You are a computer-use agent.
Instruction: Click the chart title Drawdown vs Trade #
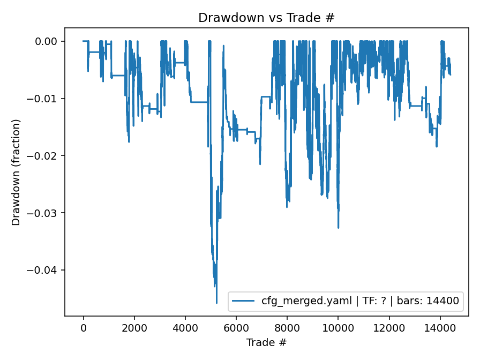pyautogui.click(x=266, y=18)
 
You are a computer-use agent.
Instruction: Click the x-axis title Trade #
pyautogui.click(x=266, y=342)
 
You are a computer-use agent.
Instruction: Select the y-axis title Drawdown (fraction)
pyautogui.click(x=16, y=172)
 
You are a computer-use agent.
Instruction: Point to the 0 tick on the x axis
pyautogui.click(x=83, y=327)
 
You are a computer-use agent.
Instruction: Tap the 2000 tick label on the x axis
pyautogui.click(x=134, y=327)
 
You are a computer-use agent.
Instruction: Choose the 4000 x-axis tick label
pyautogui.click(x=185, y=327)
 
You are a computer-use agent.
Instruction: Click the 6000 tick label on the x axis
pyautogui.click(x=236, y=327)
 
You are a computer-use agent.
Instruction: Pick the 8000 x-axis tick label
pyautogui.click(x=287, y=327)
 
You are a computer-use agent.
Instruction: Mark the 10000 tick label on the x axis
pyautogui.click(x=338, y=327)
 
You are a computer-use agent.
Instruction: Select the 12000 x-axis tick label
pyautogui.click(x=389, y=327)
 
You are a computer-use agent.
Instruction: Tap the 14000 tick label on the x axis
pyautogui.click(x=440, y=327)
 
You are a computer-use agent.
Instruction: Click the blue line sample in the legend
pyautogui.click(x=244, y=301)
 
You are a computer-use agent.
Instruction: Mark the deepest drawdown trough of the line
pyautogui.click(x=217, y=303)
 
